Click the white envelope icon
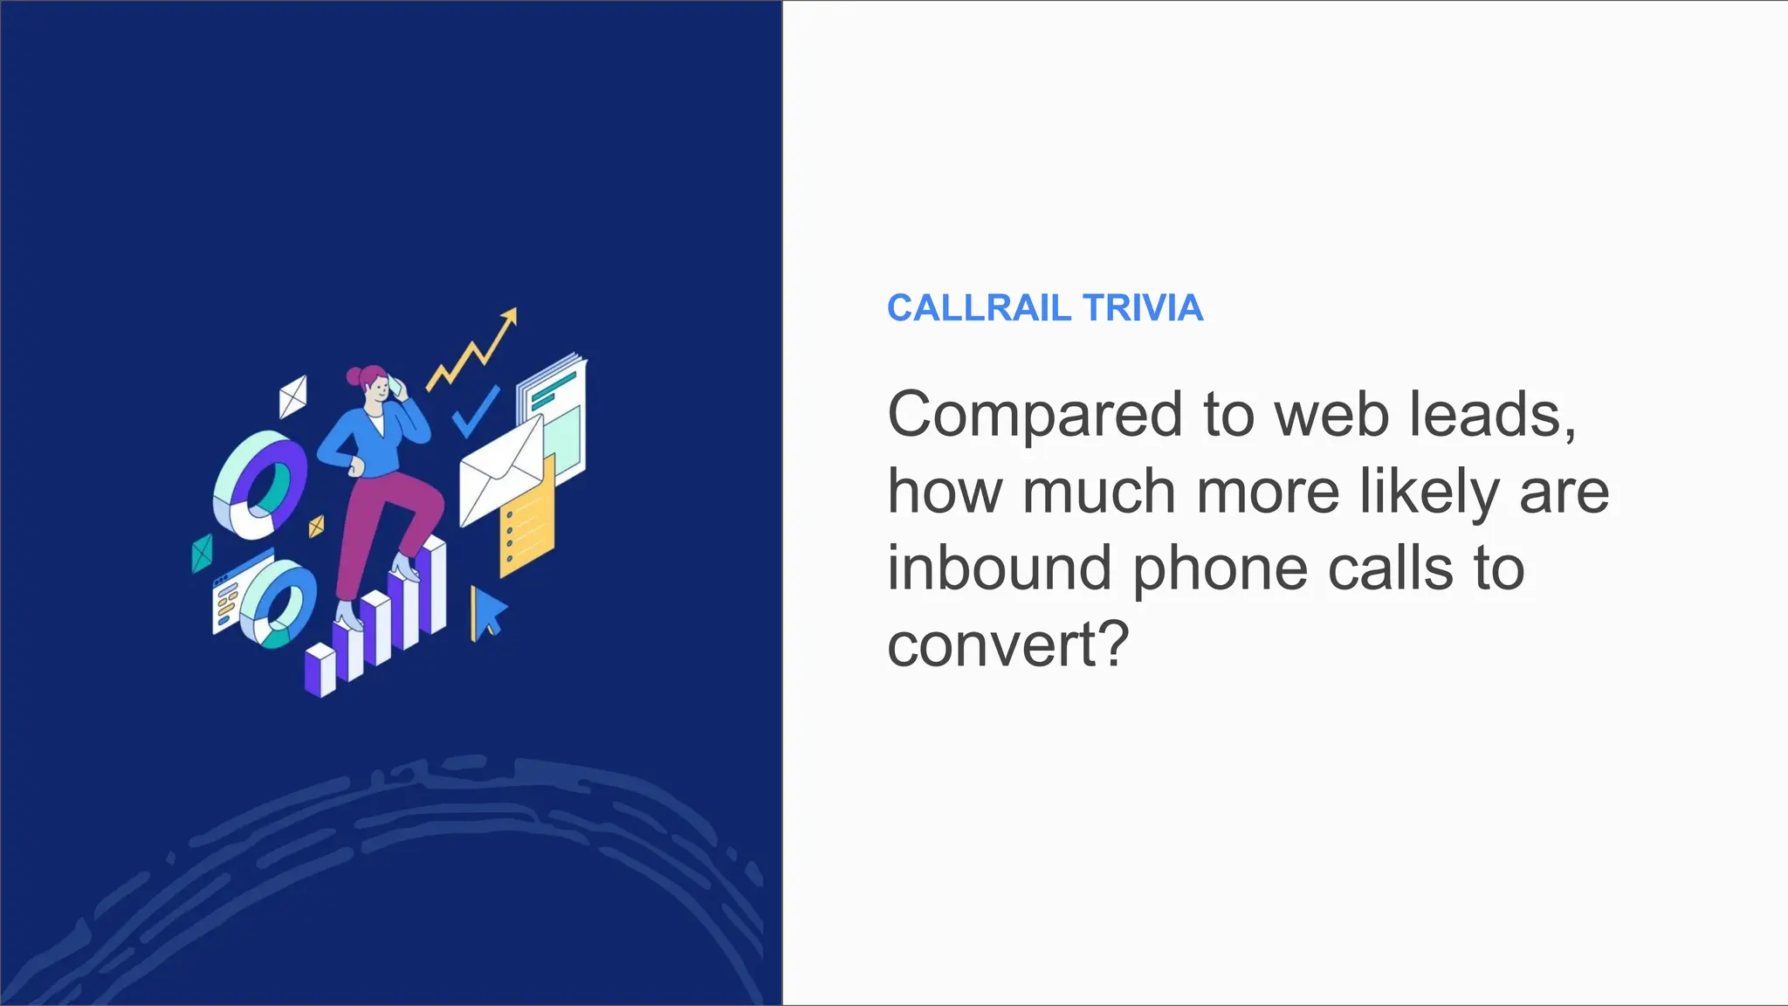tap(499, 472)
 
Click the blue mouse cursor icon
tap(487, 612)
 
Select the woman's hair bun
tap(354, 377)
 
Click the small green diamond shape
tap(202, 553)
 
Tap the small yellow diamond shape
tap(316, 527)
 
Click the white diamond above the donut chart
tap(292, 396)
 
